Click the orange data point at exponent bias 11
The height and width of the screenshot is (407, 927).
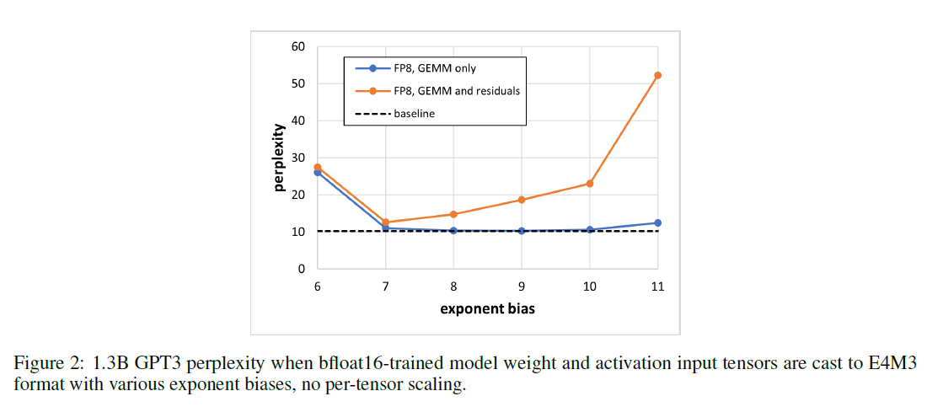(x=657, y=76)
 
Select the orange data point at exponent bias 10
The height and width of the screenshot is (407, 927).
(x=590, y=184)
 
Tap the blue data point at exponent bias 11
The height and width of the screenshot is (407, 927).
(x=657, y=223)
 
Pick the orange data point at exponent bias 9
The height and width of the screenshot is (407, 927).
(x=522, y=200)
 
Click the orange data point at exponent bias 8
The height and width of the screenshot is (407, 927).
(x=453, y=214)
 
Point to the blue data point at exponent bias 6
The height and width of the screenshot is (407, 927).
(x=317, y=173)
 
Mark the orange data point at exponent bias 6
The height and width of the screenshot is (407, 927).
(x=317, y=167)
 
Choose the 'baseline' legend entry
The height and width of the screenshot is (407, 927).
(x=414, y=113)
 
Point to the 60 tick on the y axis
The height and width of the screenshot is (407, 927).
(x=297, y=46)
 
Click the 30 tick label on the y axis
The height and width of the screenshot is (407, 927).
(x=297, y=158)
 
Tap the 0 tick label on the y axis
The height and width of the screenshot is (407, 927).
(x=301, y=269)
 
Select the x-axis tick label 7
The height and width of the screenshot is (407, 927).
(x=385, y=287)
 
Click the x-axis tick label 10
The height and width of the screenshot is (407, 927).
(x=590, y=287)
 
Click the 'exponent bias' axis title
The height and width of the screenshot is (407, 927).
(x=487, y=308)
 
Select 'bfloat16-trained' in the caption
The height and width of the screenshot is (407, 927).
(x=363, y=363)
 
